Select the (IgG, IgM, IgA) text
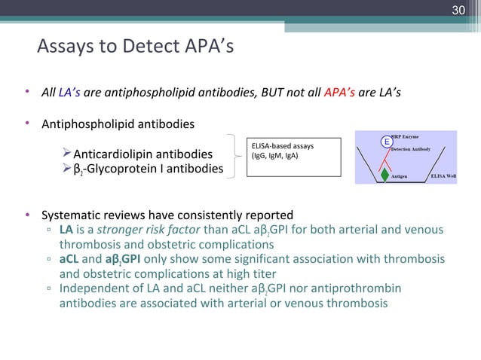[275, 156]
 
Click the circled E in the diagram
[387, 141]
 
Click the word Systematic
[70, 214]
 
